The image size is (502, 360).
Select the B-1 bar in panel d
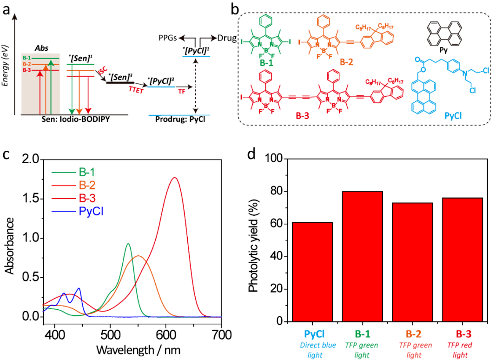click(x=363, y=256)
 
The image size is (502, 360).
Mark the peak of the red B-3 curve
click(x=175, y=177)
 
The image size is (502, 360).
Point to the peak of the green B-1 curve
click(x=128, y=244)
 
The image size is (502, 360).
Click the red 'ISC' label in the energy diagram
click(x=100, y=70)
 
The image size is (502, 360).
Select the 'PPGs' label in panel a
click(x=169, y=38)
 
